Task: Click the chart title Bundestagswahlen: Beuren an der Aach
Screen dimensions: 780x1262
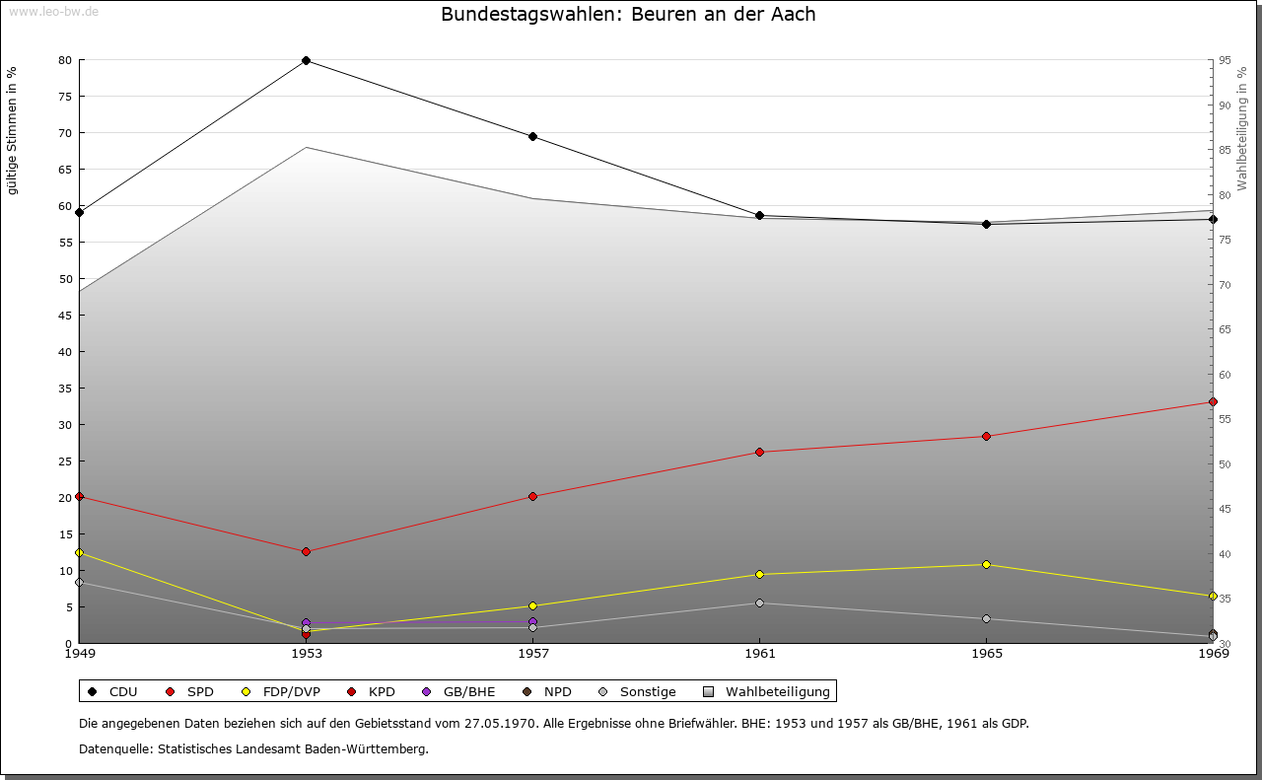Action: pyautogui.click(x=628, y=15)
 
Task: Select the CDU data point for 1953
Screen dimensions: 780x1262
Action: pyautogui.click(x=306, y=61)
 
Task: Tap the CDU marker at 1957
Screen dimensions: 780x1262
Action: pyautogui.click(x=532, y=137)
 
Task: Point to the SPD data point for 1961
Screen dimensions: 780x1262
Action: pyautogui.click(x=759, y=453)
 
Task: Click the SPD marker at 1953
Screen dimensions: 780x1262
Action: pyautogui.click(x=306, y=552)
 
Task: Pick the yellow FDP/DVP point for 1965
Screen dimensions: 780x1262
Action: pyautogui.click(x=986, y=565)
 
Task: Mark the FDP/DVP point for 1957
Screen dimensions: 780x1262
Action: pyautogui.click(x=532, y=606)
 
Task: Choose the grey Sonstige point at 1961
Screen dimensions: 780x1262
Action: pyautogui.click(x=759, y=603)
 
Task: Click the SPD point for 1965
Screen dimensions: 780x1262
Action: pyautogui.click(x=986, y=437)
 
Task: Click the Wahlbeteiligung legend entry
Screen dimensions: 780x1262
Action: pyautogui.click(x=769, y=692)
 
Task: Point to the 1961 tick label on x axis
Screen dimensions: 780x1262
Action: pyautogui.click(x=759, y=653)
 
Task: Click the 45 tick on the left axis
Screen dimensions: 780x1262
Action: pyautogui.click(x=65, y=316)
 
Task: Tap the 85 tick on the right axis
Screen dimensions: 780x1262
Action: pyautogui.click(x=1224, y=151)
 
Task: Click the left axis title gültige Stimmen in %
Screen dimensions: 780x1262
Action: pyautogui.click(x=13, y=130)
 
